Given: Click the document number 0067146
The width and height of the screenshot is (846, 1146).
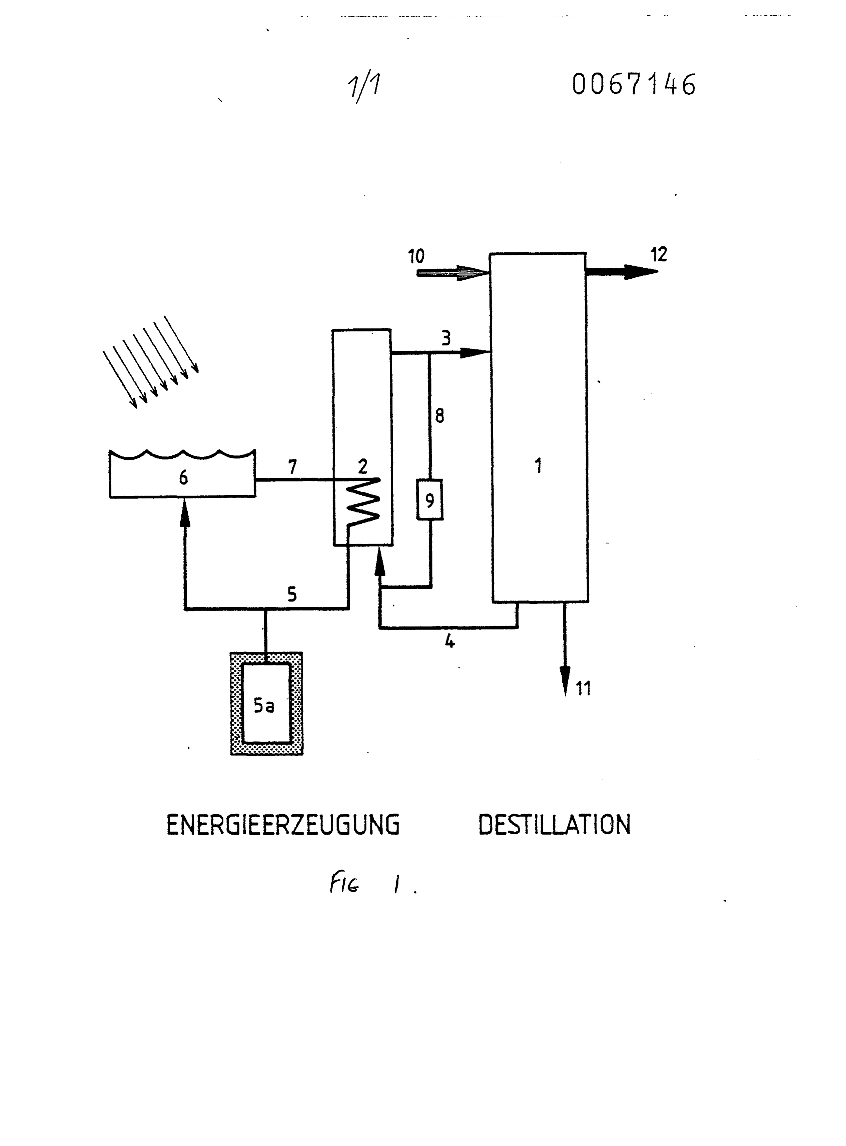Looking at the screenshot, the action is click(x=634, y=85).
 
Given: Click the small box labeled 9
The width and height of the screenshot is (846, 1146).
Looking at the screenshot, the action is click(x=430, y=500).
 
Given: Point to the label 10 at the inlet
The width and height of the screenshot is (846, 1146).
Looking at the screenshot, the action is click(x=416, y=256).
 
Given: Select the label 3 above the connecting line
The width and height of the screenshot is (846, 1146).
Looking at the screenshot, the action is click(x=446, y=338).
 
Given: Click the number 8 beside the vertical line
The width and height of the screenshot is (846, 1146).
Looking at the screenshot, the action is click(x=439, y=416).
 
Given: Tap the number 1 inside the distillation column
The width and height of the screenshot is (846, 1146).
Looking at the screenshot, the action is click(x=538, y=466).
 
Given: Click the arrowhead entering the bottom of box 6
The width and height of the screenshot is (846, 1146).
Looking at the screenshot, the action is click(x=185, y=513).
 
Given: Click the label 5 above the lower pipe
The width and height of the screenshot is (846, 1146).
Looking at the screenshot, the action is click(x=292, y=595).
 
